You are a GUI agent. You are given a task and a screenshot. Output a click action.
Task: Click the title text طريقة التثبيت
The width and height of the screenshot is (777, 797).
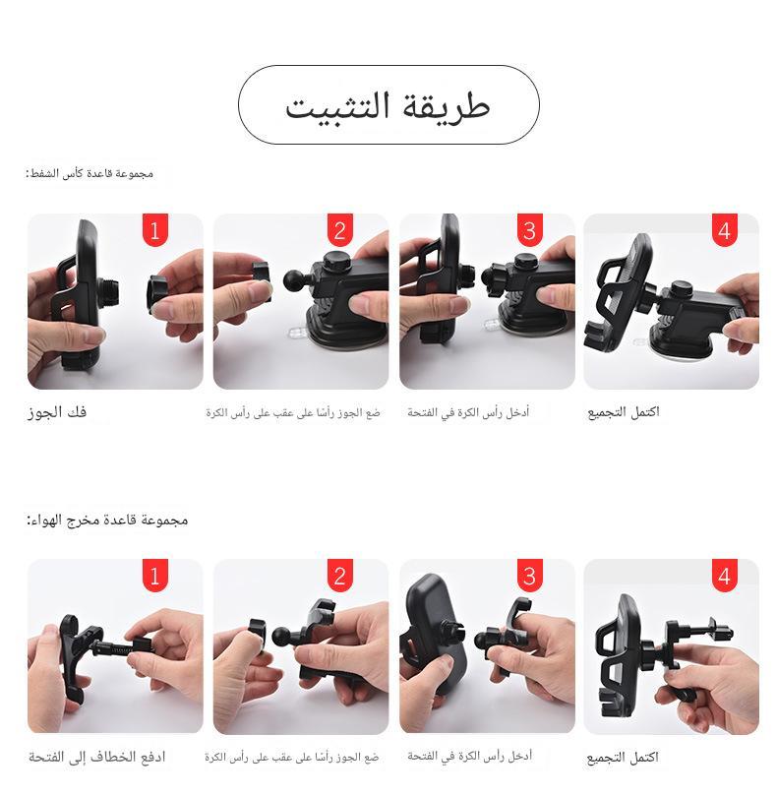point(388,107)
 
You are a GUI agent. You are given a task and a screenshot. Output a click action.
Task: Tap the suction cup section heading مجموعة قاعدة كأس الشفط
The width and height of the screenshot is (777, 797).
point(90,174)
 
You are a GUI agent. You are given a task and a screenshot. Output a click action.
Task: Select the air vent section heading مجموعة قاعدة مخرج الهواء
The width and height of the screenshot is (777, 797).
point(107,520)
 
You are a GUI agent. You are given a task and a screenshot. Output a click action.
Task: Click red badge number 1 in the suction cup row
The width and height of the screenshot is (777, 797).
point(155,230)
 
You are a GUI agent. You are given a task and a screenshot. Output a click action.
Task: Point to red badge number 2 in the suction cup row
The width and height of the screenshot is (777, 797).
point(340,230)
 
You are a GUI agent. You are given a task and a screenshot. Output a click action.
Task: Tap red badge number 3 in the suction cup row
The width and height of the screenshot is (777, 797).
point(529,230)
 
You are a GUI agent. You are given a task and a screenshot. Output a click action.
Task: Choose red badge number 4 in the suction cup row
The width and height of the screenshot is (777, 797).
point(724,230)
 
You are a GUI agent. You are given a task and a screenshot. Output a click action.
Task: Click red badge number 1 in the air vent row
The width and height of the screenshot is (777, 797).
point(155,576)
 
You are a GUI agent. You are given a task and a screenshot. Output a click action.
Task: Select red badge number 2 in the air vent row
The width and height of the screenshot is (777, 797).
point(340,576)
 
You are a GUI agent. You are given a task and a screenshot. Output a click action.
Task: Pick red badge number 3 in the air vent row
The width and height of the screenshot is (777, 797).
point(529,576)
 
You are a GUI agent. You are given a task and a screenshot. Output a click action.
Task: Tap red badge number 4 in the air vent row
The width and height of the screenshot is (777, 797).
point(724,576)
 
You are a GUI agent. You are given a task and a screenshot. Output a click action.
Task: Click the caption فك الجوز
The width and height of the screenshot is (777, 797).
point(57,411)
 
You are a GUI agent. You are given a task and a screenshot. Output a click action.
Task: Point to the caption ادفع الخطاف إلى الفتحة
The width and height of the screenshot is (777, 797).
point(97,757)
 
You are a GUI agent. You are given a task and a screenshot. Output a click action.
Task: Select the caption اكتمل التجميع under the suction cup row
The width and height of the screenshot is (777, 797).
point(624,412)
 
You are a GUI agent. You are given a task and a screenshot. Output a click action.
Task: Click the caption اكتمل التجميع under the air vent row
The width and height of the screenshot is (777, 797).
point(623,758)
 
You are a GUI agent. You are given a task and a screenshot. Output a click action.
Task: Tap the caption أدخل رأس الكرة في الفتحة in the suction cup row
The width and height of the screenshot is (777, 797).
point(468,412)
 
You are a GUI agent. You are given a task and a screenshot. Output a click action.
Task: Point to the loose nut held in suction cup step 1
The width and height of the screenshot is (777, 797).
point(161,292)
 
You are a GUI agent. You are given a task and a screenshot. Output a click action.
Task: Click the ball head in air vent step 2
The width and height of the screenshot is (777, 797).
point(282,637)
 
